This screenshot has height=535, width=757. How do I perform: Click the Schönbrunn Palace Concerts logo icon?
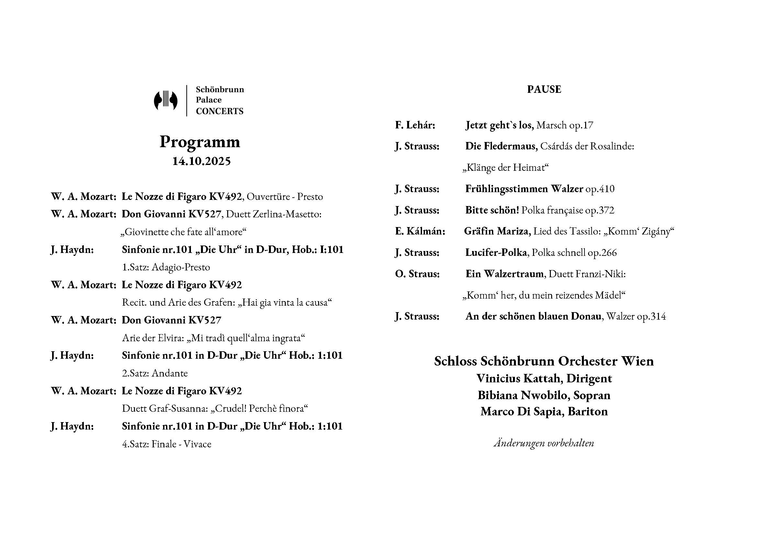pos(165,100)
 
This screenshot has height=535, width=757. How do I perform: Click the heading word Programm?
pos(200,142)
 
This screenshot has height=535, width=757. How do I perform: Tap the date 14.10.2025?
pos(201,161)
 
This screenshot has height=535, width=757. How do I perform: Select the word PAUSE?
pos(544,90)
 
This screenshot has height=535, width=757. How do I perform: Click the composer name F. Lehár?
pos(415,125)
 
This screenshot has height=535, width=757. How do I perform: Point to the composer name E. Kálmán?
pos(420,231)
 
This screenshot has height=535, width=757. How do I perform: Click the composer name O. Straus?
pos(417,274)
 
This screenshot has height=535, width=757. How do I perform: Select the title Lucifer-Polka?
pos(496,253)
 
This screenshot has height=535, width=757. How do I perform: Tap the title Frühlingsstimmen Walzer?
pos(524,189)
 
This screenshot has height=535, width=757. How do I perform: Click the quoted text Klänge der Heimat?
pos(506,168)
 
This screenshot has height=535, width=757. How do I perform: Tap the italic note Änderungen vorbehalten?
pos(544,443)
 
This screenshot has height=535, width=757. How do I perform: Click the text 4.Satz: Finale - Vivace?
pos(166,444)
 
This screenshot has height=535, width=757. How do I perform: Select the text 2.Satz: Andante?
pos(155,373)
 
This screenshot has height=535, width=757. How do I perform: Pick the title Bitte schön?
pos(492,210)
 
